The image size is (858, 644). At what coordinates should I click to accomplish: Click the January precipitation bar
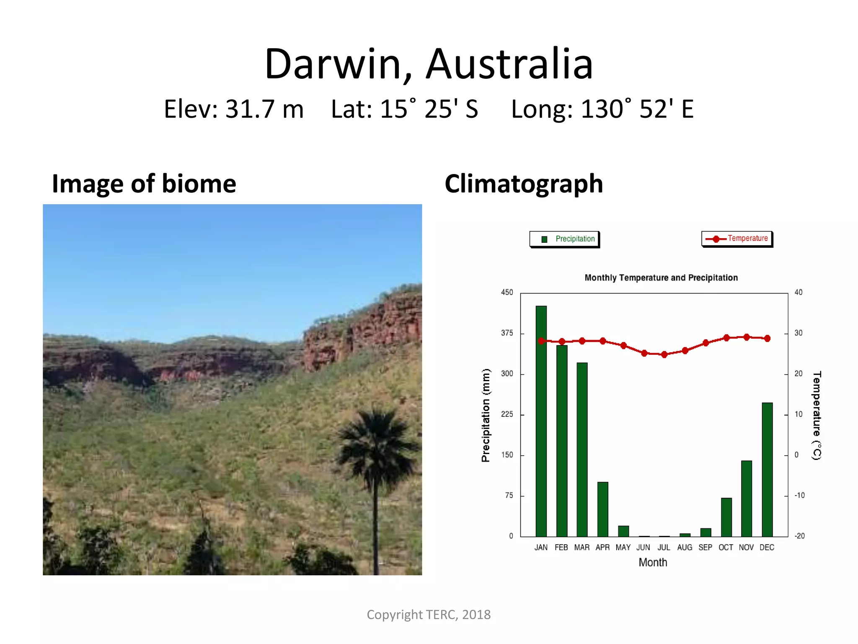tap(541, 421)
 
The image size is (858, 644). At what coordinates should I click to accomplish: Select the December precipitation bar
tap(767, 469)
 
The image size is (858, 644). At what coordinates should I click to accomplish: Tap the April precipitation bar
tap(602, 509)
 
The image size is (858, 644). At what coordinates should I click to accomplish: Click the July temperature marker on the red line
tap(664, 355)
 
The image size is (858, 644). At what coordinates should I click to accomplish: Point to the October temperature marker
tap(726, 338)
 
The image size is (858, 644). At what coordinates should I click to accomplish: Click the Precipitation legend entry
tap(564, 239)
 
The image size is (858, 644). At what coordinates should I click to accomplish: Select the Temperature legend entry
tap(737, 239)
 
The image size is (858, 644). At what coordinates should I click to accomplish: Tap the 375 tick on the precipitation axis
tap(507, 333)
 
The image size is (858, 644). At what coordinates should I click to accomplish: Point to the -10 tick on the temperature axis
tap(799, 496)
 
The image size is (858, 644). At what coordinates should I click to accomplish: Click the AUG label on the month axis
tap(685, 548)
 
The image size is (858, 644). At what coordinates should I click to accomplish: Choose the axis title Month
tap(653, 563)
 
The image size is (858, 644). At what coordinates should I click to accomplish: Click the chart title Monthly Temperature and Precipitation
tap(661, 278)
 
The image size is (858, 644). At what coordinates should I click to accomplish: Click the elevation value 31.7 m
tap(264, 109)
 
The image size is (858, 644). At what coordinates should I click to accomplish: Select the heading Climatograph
tap(524, 184)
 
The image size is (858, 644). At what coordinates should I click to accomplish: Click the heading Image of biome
tap(144, 184)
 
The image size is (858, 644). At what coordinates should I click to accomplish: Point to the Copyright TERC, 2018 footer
tap(429, 615)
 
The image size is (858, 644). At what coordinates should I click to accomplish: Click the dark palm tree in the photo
tap(377, 453)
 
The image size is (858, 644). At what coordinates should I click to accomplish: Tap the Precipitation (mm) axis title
tap(486, 415)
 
